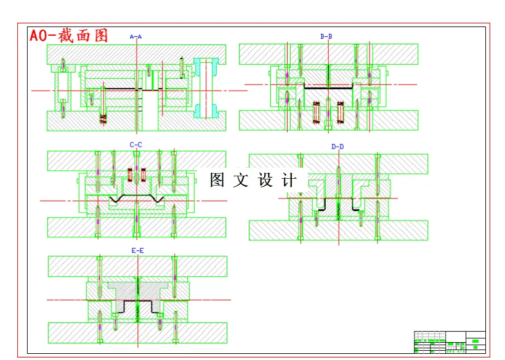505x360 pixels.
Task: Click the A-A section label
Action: pyautogui.click(x=135, y=37)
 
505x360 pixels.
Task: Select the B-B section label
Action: pyautogui.click(x=326, y=37)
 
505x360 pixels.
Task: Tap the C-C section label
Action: pyautogui.click(x=135, y=145)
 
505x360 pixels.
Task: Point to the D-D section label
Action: pyautogui.click(x=337, y=147)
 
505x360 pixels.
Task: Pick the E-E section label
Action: pyautogui.click(x=137, y=250)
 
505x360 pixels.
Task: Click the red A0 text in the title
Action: pyautogui.click(x=42, y=35)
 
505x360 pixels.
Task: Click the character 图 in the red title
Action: pyautogui.click(x=100, y=35)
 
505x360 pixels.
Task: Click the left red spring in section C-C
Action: pyautogui.click(x=130, y=174)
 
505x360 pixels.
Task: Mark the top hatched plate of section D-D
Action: pyautogui.click(x=338, y=163)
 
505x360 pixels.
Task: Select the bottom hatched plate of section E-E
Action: pyautogui.click(x=137, y=332)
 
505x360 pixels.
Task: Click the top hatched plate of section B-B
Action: pyautogui.click(x=328, y=54)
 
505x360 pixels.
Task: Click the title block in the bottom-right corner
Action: pyautogui.click(x=450, y=342)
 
